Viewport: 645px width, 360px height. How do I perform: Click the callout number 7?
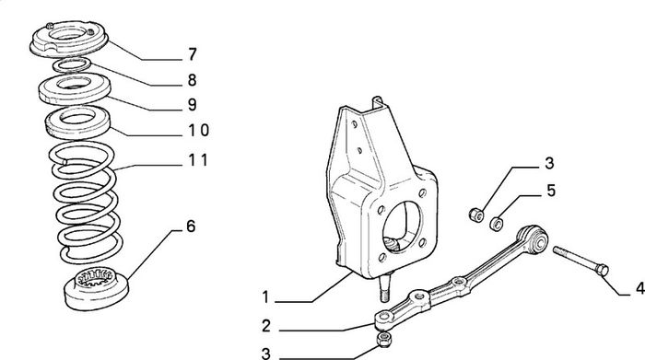192,54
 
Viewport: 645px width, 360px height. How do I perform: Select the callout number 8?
192,80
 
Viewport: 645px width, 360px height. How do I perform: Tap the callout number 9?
192,105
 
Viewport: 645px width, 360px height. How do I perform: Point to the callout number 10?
199,130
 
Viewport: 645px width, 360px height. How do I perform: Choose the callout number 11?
198,159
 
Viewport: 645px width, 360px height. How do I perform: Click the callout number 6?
191,226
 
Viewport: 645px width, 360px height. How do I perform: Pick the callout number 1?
265,296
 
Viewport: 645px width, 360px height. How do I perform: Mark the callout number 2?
266,326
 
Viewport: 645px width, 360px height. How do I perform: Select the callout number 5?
551,191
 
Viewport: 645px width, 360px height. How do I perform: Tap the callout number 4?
639,288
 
